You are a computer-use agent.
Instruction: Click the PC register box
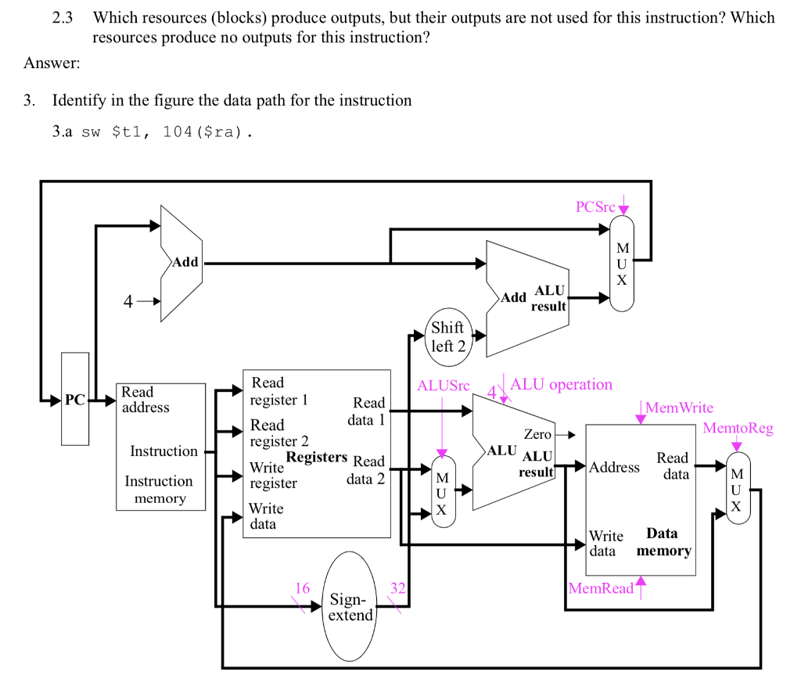[x=75, y=400]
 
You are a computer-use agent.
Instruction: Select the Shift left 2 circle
[x=447, y=336]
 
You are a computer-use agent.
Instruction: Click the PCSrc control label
[x=595, y=207]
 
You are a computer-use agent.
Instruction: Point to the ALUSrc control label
[x=444, y=386]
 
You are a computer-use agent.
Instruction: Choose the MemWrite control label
[x=679, y=408]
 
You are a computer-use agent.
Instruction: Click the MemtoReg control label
[x=738, y=428]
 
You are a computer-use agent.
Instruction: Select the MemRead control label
[x=601, y=588]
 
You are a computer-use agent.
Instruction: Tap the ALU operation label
[x=561, y=384]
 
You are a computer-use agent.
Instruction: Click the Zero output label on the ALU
[x=537, y=434]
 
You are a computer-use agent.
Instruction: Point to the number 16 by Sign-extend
[x=303, y=588]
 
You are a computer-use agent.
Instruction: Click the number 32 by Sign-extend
[x=397, y=588]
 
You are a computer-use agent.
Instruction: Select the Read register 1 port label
[x=278, y=391]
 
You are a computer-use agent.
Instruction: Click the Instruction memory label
[x=159, y=490]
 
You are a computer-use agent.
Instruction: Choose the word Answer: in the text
[x=52, y=63]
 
